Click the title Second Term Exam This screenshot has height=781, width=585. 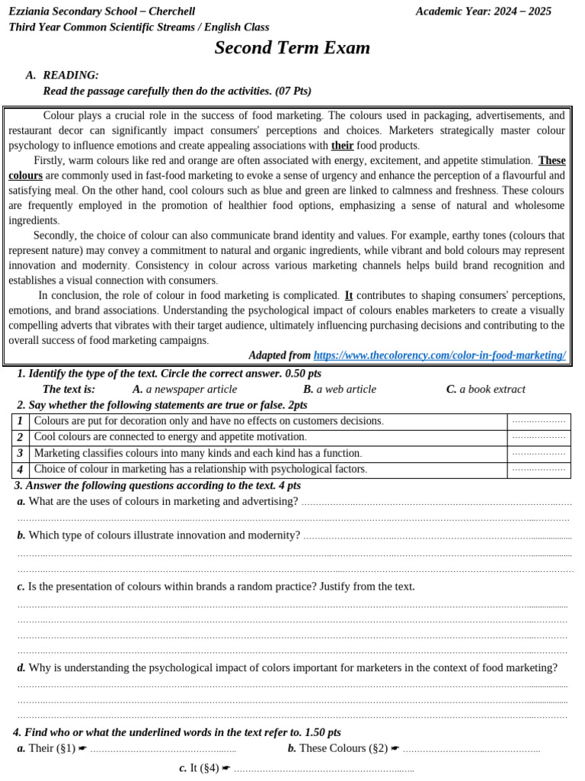click(x=292, y=48)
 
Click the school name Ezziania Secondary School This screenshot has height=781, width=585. click(x=102, y=11)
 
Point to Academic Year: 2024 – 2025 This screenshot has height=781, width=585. click(x=484, y=11)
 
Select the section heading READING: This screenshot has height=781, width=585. click(x=71, y=75)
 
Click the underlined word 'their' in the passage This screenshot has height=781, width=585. click(x=342, y=145)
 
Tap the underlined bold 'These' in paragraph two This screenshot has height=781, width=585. click(x=551, y=160)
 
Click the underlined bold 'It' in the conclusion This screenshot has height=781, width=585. click(x=349, y=295)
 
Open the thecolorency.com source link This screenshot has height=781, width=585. click(x=440, y=355)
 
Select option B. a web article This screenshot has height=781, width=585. click(x=339, y=389)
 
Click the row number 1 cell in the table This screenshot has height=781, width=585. click(x=20, y=421)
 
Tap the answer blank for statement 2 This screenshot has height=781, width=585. click(x=539, y=437)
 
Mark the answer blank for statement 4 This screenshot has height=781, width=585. click(x=539, y=469)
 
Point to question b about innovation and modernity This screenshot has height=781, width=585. click(x=158, y=535)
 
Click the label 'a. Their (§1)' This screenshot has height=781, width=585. click(x=46, y=748)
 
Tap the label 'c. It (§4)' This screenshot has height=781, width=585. click(x=200, y=768)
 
